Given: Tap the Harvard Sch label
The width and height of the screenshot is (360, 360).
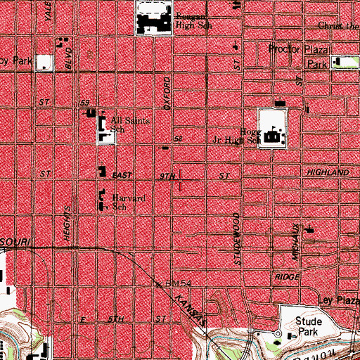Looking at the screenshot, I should click(x=129, y=202).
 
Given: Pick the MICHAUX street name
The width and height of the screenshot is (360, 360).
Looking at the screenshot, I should click(x=297, y=243).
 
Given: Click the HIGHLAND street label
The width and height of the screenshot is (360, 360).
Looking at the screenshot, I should click(x=327, y=172).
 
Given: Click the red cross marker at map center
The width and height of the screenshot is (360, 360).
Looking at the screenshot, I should click(x=181, y=181).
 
